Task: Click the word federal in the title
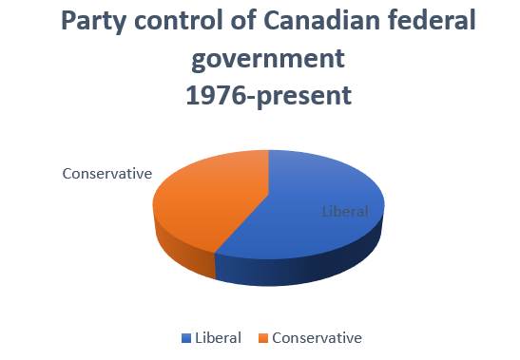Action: (429, 22)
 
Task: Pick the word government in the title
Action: (267, 60)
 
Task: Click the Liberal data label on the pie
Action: (343, 211)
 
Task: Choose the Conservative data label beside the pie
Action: (107, 173)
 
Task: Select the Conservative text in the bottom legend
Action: (317, 338)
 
